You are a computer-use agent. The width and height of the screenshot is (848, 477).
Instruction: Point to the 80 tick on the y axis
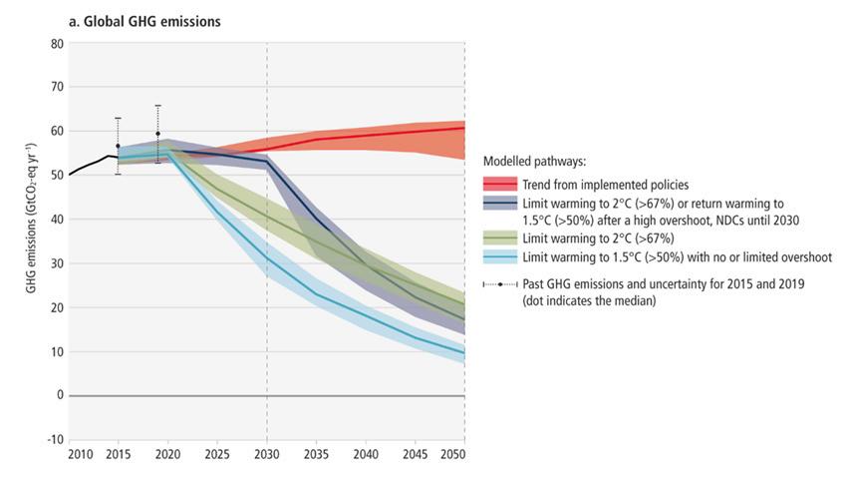[x=57, y=43]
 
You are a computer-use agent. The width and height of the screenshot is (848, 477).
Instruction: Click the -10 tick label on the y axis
[x=55, y=439]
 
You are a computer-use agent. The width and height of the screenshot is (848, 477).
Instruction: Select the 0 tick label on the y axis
[x=59, y=395]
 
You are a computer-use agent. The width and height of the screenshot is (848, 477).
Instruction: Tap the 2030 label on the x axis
[x=267, y=455]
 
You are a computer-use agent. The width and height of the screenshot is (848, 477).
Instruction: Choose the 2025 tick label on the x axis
[x=217, y=455]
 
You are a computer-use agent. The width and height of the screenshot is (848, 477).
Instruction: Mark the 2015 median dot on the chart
[x=118, y=146]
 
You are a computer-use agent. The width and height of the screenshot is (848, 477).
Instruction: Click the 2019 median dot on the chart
[x=157, y=134]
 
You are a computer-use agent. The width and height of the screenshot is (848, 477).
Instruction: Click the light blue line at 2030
[x=267, y=258]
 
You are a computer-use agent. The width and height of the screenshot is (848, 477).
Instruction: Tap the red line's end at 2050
[x=463, y=128]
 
